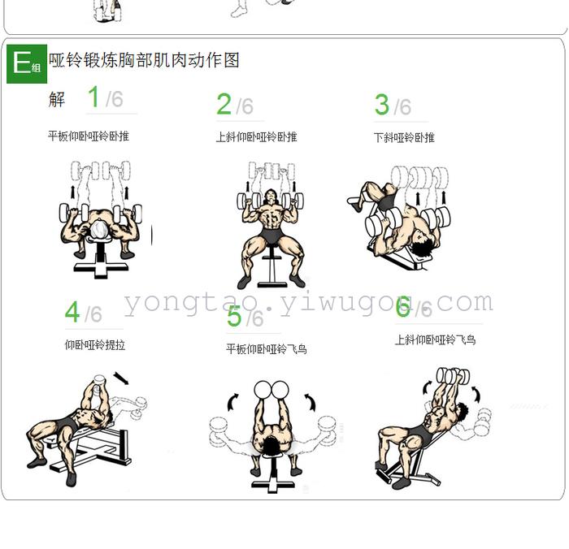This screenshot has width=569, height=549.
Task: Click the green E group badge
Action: [x=27, y=64]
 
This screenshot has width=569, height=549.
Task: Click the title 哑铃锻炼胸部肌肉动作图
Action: [x=144, y=60]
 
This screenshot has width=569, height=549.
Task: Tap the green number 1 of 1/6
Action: [x=93, y=97]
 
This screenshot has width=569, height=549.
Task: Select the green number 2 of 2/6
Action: [x=224, y=104]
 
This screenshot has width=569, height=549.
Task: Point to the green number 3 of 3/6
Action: [x=382, y=105]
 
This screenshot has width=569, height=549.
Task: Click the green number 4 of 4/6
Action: [x=72, y=312]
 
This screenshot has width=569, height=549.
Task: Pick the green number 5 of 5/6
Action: [x=234, y=316]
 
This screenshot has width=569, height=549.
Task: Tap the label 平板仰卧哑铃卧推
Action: [x=89, y=136]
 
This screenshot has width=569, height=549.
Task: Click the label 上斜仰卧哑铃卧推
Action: [x=257, y=137]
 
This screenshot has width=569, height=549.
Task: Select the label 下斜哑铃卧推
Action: [x=404, y=138]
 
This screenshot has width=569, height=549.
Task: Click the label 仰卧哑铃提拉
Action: [x=95, y=345]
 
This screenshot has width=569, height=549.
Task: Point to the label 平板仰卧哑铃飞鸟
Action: [x=267, y=349]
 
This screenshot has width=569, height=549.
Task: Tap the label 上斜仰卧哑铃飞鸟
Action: [x=436, y=339]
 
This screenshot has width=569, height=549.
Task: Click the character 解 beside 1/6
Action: [x=57, y=99]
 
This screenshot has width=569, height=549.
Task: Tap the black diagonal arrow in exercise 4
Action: [x=121, y=378]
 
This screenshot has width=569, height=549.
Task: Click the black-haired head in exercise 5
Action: [x=271, y=445]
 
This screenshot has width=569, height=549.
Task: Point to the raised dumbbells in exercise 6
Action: [x=453, y=376]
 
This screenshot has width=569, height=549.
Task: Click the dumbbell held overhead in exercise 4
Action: [x=98, y=381]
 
